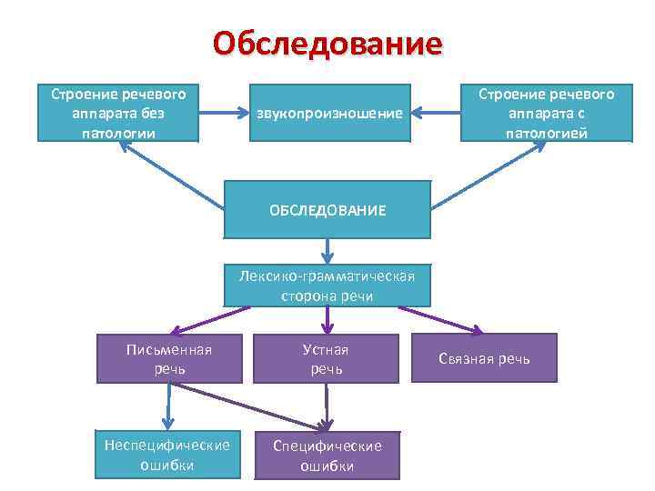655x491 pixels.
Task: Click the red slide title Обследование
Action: (327, 43)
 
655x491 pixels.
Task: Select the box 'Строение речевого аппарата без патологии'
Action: (118, 113)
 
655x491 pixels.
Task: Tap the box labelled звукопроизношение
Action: (328, 114)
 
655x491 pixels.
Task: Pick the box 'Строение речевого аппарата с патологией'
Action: (547, 113)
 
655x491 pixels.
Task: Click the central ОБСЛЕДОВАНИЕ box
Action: (327, 210)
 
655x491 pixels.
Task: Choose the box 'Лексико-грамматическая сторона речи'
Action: (327, 286)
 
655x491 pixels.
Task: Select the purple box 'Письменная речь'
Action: (169, 358)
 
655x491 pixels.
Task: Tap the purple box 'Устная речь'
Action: (327, 358)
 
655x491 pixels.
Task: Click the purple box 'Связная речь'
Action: (496, 359)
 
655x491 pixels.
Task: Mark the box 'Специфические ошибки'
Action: (327, 455)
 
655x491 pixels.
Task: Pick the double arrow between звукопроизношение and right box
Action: (434, 114)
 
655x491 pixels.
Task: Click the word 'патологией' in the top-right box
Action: (547, 133)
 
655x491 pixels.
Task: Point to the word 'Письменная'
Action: (169, 349)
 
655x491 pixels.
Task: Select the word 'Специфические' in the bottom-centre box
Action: (327, 446)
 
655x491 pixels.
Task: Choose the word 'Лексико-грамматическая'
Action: (327, 277)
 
